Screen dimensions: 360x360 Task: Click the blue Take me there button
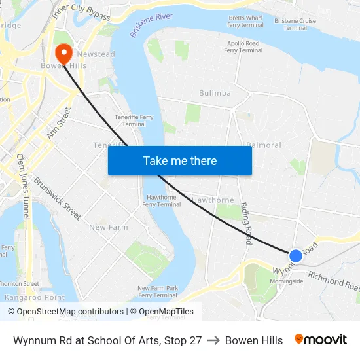180,160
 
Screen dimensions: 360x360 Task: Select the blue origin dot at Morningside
296,256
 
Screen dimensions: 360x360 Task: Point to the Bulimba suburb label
215,93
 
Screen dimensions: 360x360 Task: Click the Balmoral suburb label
264,145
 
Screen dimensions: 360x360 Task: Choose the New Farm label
109,227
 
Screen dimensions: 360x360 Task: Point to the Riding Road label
246,223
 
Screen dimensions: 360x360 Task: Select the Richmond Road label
334,281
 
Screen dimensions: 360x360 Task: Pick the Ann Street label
58,124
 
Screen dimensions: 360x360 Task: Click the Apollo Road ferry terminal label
243,47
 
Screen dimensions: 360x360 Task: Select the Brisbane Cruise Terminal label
295,24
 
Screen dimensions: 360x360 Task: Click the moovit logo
320,340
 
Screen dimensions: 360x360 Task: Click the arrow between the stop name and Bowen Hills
213,340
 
